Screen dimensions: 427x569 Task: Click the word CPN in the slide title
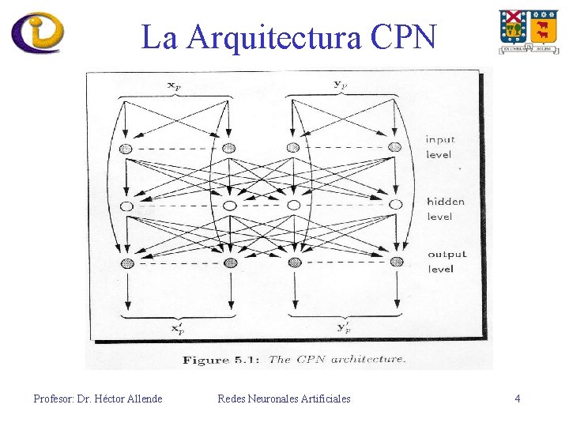point(401,36)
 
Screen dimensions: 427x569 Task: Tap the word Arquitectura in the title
point(273,38)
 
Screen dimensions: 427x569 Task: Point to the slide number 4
point(518,399)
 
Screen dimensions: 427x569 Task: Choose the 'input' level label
point(440,140)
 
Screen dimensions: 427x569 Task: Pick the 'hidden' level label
point(445,202)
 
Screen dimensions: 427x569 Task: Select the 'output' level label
point(447,254)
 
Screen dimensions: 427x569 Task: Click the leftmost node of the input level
point(126,148)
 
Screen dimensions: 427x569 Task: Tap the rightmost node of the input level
point(394,147)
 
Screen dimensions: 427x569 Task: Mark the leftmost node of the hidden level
point(126,206)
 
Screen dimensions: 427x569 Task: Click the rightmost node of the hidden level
point(395,206)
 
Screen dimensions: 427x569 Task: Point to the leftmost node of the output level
point(126,263)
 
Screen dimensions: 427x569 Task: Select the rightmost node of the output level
point(395,263)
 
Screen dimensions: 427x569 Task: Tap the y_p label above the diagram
point(341,85)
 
